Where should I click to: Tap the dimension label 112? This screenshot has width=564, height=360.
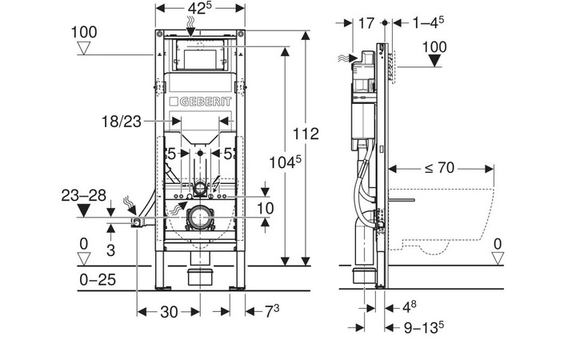point(307,133)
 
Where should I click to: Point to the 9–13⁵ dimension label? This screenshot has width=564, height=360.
point(423,327)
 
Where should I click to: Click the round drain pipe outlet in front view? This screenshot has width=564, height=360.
point(199,218)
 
